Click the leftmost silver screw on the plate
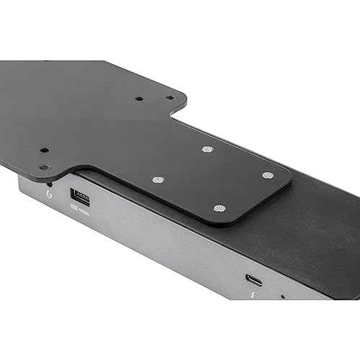point(159,179)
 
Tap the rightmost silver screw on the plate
point(267,175)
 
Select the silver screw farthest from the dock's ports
point(207,150)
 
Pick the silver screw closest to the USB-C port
point(220,208)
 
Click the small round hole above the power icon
point(44,168)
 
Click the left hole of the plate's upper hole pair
point(139,99)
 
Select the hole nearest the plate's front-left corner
point(44,168)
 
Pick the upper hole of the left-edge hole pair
point(45,151)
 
